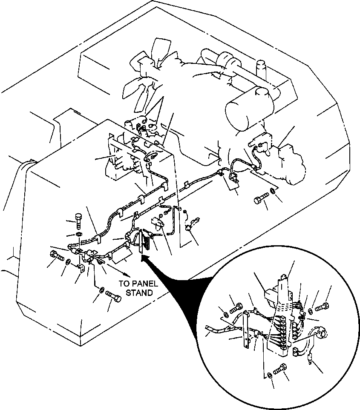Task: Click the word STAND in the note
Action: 139,292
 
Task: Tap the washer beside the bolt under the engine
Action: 272,190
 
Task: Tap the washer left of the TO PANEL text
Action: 101,290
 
